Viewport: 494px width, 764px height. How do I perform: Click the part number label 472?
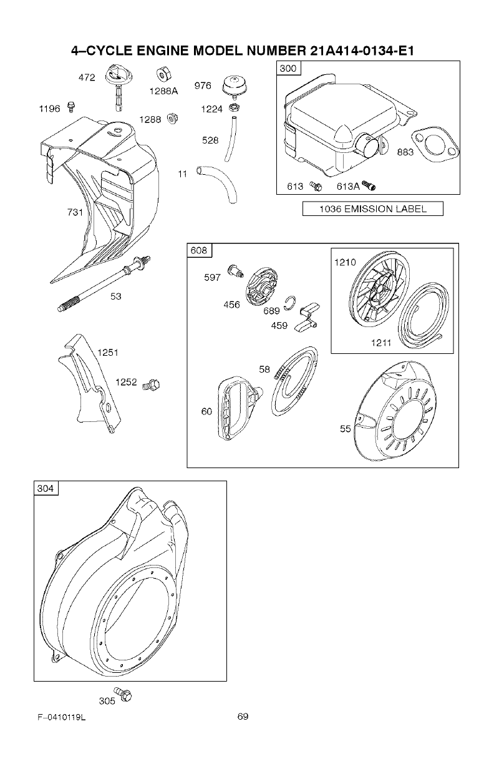[x=86, y=78]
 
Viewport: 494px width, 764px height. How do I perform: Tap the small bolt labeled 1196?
[x=70, y=109]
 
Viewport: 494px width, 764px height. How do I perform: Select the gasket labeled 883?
[x=437, y=147]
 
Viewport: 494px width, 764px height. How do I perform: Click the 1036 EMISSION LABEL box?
[x=372, y=209]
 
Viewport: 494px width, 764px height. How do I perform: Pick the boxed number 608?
[x=199, y=251]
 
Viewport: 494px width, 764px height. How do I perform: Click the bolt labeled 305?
[x=127, y=695]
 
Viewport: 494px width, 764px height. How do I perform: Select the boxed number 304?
[x=46, y=489]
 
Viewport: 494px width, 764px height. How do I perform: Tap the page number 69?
[x=243, y=717]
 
